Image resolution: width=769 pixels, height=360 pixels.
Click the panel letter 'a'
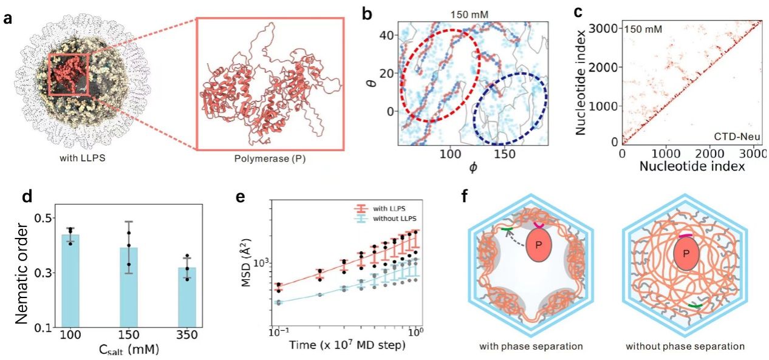9,18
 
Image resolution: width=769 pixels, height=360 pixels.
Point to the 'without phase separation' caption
685,347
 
